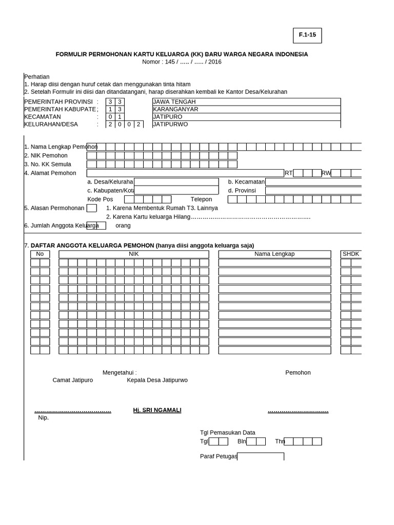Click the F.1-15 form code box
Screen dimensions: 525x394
click(x=307, y=35)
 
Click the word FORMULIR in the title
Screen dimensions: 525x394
click(x=72, y=54)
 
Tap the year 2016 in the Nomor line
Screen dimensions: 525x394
click(x=215, y=62)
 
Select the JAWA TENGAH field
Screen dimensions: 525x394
click(x=246, y=102)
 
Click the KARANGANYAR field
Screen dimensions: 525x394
click(x=246, y=109)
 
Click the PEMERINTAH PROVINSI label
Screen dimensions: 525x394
click(x=58, y=102)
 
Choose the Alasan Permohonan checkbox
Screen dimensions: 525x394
click(x=91, y=208)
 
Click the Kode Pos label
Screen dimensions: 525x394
click(x=100, y=199)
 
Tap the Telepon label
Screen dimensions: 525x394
click(x=201, y=199)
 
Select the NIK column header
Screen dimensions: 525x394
click(x=133, y=254)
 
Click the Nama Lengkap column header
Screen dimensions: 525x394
click(x=274, y=254)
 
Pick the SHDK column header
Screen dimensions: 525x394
click(x=351, y=254)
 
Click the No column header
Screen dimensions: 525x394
click(x=40, y=254)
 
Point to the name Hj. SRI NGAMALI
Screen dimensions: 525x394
click(x=157, y=410)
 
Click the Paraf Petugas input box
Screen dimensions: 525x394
click(x=261, y=456)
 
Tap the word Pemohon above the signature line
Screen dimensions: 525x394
click(x=298, y=373)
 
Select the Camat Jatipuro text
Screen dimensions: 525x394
click(x=73, y=380)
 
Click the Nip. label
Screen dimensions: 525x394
click(x=44, y=418)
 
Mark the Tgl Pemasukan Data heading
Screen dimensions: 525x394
click(x=227, y=433)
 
